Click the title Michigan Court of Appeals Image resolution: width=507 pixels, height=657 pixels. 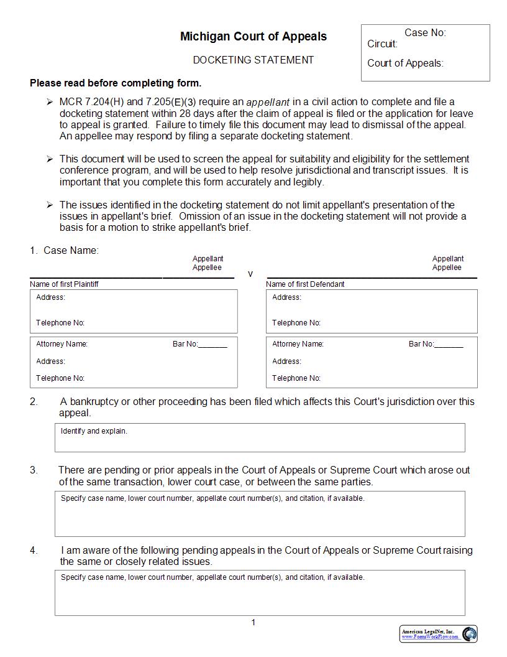253,37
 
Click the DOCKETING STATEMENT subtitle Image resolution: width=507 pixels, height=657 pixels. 253,60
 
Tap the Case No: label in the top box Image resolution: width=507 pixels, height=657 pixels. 425,33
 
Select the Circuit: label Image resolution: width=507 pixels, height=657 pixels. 382,44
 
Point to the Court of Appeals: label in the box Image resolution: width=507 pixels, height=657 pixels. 405,63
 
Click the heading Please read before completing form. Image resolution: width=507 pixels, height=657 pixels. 116,83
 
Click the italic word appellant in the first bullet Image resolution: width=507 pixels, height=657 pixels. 268,103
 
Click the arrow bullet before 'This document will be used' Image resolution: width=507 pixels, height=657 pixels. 50,159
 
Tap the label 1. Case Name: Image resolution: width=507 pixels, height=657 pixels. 64,251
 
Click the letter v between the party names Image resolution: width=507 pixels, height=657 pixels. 250,274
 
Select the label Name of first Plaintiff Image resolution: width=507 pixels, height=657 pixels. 64,284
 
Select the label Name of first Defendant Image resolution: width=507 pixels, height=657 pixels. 305,284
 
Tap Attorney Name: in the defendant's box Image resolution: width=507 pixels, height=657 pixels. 298,344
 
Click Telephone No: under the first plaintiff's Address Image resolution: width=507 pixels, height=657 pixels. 60,323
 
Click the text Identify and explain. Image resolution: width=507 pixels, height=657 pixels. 94,431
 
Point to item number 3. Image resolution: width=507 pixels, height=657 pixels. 34,470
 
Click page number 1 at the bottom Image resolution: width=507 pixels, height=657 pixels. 253,623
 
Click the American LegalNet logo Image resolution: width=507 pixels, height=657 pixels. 439,634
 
